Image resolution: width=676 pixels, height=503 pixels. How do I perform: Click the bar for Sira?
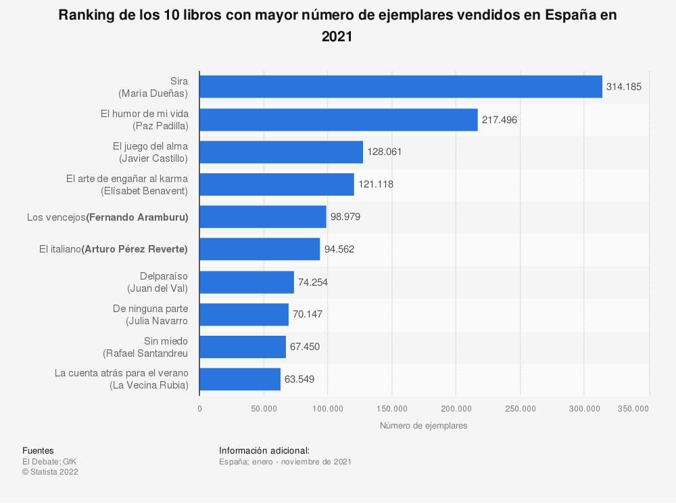click(400, 87)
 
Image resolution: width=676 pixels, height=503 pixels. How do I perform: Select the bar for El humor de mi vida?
click(338, 120)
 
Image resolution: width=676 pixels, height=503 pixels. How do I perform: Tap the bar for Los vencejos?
click(262, 217)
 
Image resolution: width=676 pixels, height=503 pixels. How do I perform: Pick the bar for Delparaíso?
click(246, 282)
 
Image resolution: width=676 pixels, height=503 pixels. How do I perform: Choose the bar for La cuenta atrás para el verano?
click(239, 379)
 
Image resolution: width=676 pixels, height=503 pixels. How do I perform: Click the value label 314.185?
click(624, 87)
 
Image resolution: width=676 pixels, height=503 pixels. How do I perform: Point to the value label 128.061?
click(385, 152)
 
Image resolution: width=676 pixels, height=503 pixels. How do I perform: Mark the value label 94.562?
click(339, 249)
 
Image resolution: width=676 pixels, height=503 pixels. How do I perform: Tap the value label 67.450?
click(305, 347)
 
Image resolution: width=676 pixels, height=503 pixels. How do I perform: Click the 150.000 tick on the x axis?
click(392, 408)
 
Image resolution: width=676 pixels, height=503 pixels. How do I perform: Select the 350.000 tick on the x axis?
click(633, 408)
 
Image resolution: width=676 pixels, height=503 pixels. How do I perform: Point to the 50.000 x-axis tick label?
click(264, 408)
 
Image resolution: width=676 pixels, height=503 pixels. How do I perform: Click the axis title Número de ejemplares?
click(423, 426)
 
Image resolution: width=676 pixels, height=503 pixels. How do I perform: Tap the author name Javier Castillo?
click(153, 158)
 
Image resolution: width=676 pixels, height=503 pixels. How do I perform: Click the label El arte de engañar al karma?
click(127, 178)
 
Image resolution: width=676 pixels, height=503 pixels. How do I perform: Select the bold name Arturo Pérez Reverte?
click(135, 249)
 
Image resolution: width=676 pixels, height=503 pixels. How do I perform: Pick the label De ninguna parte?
click(150, 308)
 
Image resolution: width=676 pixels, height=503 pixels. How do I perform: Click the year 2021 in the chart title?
click(337, 38)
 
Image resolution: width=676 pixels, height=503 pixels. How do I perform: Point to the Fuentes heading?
click(38, 451)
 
